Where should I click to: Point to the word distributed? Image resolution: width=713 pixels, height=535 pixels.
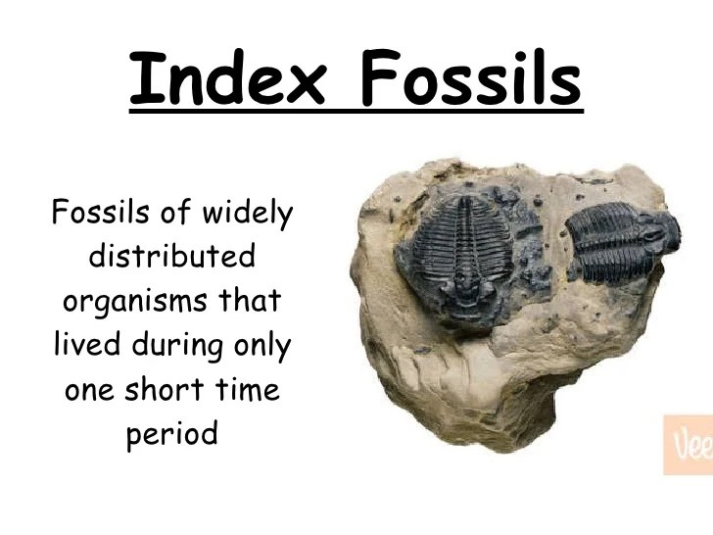click(171, 257)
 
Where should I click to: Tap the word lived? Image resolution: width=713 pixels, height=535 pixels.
click(83, 344)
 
